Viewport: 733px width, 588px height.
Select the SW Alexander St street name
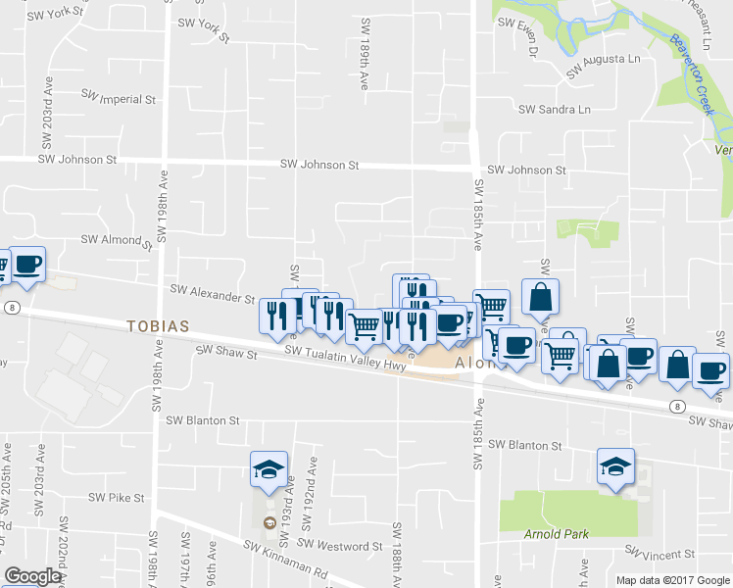212,289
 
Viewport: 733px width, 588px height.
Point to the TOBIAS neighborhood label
156,325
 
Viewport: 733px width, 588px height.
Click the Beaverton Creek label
691,73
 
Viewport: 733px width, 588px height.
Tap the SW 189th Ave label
366,55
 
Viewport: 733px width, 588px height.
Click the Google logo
32,577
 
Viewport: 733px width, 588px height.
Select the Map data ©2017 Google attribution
672,580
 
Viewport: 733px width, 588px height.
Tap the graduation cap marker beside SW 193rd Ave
268,467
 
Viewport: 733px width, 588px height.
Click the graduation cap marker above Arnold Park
614,465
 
